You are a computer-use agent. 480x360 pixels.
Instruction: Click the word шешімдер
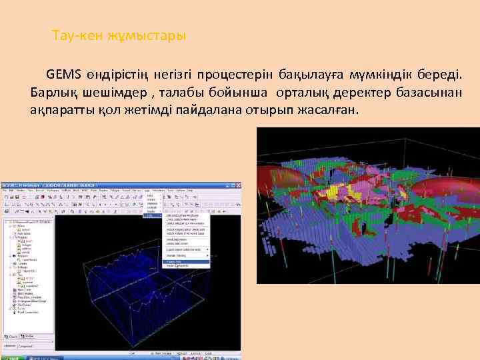click(116, 91)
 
